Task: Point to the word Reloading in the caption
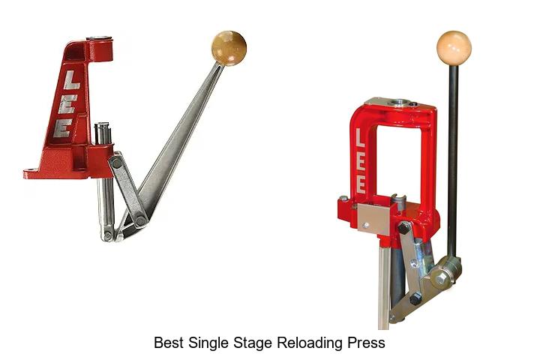(310, 343)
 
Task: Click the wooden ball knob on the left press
(229, 47)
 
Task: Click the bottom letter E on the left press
(63, 128)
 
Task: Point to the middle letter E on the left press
(67, 104)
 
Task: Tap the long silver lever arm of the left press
(180, 142)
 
